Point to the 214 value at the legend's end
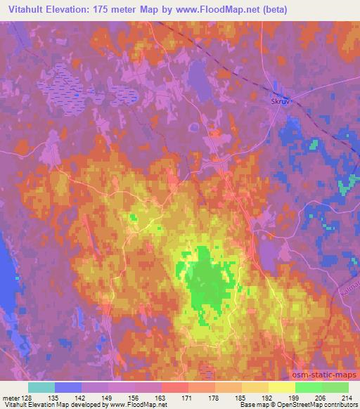point(347,398)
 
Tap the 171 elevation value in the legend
point(188,398)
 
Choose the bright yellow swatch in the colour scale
point(281,387)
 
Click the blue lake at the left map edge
point(5,267)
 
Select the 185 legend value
point(241,398)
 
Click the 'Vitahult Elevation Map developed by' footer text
point(49,405)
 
